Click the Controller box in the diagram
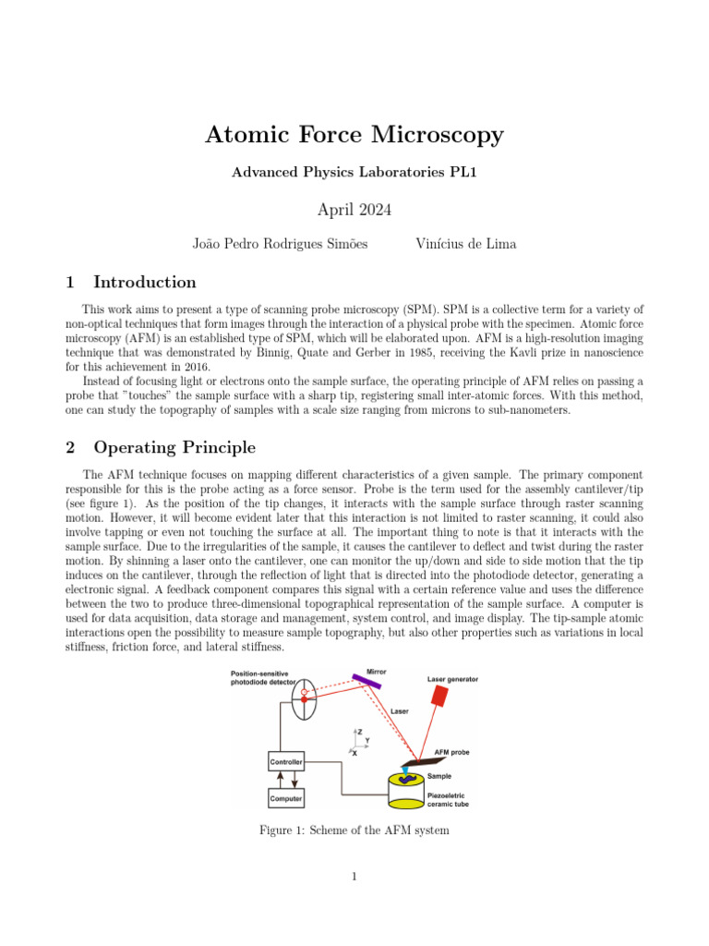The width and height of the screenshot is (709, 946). pos(286,762)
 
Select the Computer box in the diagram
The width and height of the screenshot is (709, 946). pos(286,797)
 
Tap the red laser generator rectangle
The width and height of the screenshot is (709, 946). pos(439,696)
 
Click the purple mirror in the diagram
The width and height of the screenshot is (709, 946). pos(367,682)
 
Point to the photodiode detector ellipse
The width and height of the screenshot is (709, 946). pos(303,699)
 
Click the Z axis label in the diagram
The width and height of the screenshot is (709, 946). pos(359,732)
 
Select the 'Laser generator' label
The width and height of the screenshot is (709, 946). pos(452,679)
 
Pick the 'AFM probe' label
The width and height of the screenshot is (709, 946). pos(451,753)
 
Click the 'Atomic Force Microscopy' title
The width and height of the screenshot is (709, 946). pos(354,135)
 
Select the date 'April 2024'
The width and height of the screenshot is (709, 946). pos(354,210)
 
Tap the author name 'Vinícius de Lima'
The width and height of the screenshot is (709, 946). pos(466,244)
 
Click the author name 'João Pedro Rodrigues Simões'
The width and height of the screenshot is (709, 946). pos(280,244)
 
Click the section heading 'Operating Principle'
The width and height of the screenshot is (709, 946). pos(174,448)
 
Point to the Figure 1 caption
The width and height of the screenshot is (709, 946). pos(354,831)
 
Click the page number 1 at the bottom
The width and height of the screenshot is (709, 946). pos(354,877)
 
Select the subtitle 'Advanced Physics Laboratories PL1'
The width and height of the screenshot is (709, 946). pos(354,173)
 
